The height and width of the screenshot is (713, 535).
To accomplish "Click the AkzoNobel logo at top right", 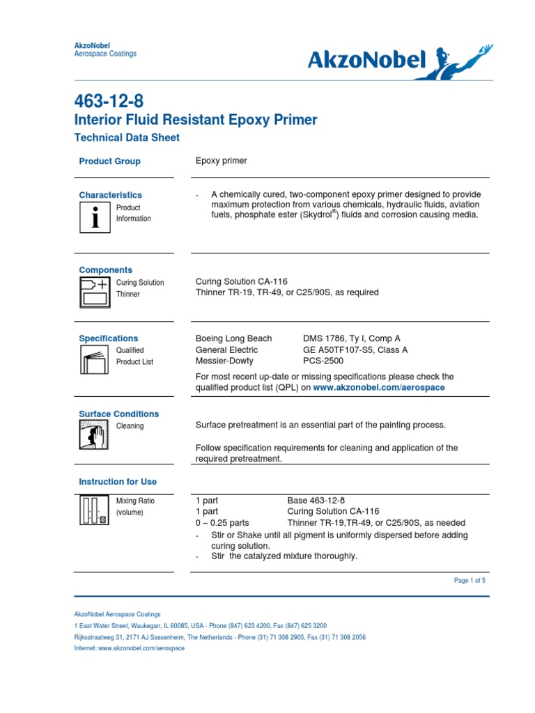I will click(400, 61).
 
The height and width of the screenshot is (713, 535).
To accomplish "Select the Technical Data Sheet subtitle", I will click(127, 138).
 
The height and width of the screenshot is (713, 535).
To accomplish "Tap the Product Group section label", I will click(109, 162).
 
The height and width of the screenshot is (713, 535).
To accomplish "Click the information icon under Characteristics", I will click(95, 217).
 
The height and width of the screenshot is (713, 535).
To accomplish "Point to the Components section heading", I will click(105, 270).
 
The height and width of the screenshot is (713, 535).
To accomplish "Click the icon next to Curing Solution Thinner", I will click(95, 292).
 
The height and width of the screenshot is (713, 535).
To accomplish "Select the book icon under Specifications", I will click(95, 360).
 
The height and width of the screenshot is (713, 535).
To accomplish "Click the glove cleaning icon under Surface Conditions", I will click(95, 435).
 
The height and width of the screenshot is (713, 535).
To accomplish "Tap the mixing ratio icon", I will click(95, 510).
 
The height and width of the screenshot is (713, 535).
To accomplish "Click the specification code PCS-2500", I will click(323, 361).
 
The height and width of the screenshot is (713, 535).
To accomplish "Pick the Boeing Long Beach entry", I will click(233, 338).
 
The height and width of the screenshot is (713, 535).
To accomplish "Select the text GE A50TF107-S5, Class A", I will click(355, 350).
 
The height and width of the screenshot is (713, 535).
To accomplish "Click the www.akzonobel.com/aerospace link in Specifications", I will click(378, 387).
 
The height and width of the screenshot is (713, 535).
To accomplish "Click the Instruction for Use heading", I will click(118, 482).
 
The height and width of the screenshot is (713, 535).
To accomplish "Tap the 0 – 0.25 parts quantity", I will click(222, 523).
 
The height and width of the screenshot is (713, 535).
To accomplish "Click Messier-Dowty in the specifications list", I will click(224, 361).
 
